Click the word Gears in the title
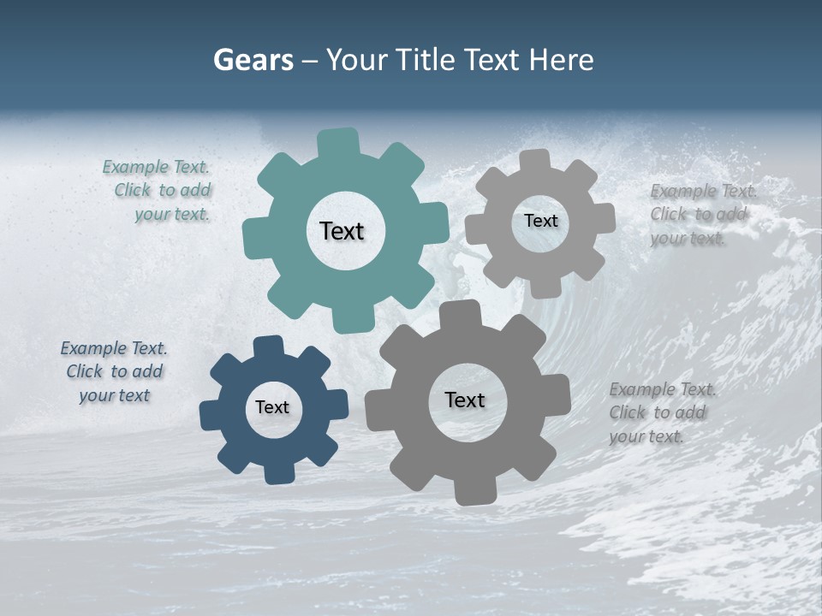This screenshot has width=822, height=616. click(x=253, y=60)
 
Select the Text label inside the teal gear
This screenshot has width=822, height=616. click(x=342, y=231)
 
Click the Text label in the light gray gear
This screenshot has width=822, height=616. click(x=540, y=221)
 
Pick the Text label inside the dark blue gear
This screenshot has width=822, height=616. click(x=272, y=408)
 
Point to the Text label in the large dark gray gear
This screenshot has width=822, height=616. click(x=465, y=400)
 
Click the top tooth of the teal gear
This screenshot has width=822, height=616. click(x=338, y=142)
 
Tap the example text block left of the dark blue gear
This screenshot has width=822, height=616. click(x=114, y=371)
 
